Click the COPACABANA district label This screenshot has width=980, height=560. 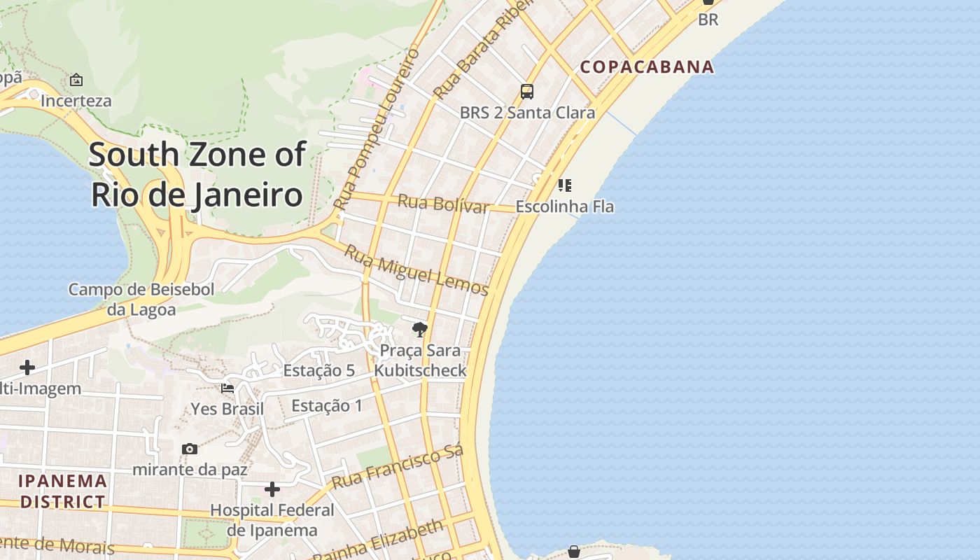(647, 67)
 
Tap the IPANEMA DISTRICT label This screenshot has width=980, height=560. (63, 491)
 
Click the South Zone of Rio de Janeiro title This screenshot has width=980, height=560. (197, 174)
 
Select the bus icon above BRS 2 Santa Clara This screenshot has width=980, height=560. (527, 92)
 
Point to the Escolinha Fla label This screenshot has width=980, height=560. (564, 206)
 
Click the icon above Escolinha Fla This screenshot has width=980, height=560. (564, 185)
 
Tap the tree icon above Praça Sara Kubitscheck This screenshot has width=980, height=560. (420, 329)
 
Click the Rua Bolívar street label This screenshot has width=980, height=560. (443, 204)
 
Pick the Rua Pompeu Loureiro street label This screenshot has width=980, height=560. (377, 129)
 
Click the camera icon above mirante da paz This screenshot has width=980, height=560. (189, 449)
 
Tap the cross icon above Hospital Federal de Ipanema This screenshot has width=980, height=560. (272, 489)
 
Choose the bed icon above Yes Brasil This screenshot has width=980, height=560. (227, 388)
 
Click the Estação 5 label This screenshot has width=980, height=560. (318, 371)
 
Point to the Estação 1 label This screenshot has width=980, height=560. (327, 405)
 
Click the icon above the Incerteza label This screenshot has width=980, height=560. (76, 80)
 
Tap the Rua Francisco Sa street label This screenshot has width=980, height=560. (397, 468)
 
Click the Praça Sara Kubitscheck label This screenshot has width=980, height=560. (420, 360)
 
